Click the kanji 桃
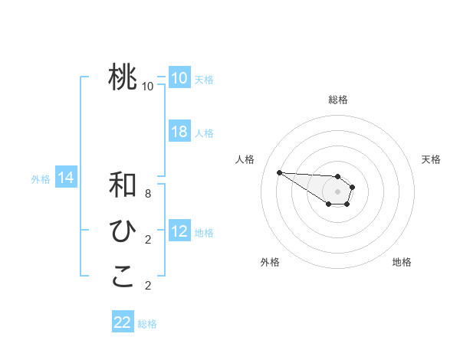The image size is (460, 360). coord(123,78)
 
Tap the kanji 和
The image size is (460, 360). coord(123,186)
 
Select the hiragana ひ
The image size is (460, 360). coord(123,231)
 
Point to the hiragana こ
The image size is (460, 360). coord(123,277)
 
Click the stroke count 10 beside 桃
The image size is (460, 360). coord(147,87)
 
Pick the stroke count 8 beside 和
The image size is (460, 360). coord(147,194)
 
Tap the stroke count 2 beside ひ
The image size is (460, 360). coord(147,240)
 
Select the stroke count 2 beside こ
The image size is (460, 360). coord(147,286)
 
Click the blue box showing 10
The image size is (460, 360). coord(179,78)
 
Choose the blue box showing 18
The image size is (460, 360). coord(179,132)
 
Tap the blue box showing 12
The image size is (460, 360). coord(179,231)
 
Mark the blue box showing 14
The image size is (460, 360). coord(66,178)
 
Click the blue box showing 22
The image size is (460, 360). coord(123,322)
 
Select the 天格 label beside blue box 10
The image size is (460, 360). coord(204,79)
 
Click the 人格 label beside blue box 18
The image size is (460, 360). coord(204,133)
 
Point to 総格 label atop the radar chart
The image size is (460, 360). coord(338,100)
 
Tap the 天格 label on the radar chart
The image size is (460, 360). coord(431,159)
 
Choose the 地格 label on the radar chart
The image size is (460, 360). coord(402,262)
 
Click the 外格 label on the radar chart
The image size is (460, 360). coord(270,262)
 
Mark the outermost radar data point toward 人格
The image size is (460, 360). coord(279,172)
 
